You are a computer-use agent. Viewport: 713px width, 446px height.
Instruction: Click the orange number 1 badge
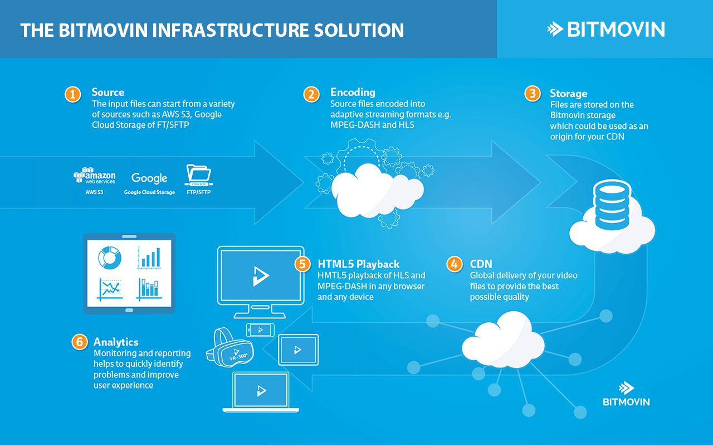72,94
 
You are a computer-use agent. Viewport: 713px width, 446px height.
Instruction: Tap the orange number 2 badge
311,94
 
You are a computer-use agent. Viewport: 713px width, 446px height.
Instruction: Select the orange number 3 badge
533,94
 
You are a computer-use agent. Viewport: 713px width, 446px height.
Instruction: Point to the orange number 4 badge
455,264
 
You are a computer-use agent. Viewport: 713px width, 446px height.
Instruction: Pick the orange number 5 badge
302,264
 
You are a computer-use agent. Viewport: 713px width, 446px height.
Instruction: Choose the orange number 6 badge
80,342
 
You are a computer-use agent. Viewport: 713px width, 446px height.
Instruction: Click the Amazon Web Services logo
95,176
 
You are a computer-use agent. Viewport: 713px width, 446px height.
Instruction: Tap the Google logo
149,178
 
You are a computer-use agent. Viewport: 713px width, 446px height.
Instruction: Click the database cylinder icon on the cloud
611,204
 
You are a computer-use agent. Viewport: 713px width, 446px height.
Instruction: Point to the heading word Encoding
353,93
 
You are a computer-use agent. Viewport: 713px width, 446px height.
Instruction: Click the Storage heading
568,93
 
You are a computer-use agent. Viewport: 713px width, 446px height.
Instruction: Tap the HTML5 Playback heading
358,264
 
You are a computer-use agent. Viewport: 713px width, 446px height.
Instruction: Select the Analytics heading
116,342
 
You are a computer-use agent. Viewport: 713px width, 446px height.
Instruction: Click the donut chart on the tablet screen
110,257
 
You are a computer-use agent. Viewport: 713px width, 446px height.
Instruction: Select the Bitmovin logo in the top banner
605,29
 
